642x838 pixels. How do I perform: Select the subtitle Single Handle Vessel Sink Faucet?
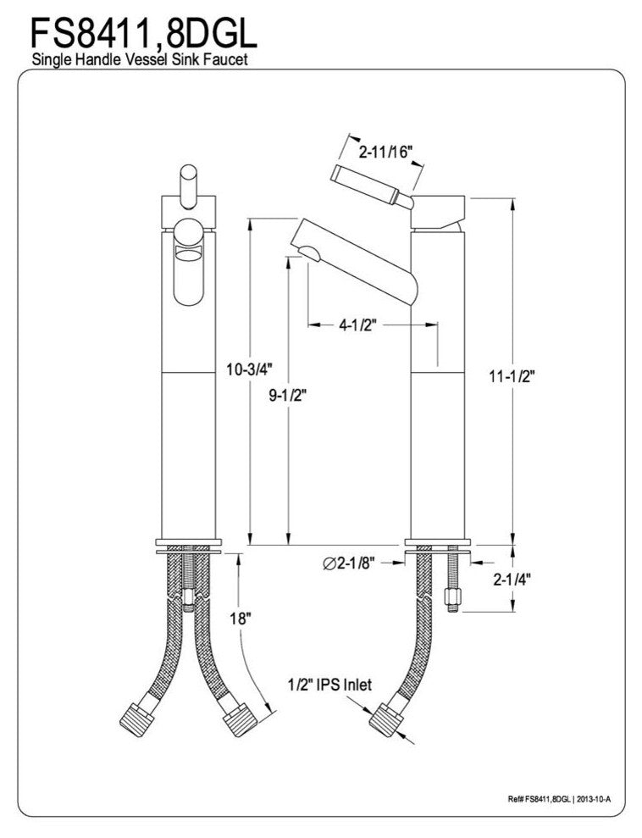pyautogui.click(x=140, y=58)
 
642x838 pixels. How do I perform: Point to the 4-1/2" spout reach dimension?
pyautogui.click(x=358, y=325)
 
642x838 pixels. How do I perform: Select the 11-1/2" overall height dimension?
pyautogui.click(x=512, y=376)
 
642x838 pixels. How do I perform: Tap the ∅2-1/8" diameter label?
pyautogui.click(x=349, y=563)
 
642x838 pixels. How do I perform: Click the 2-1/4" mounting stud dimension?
pyautogui.click(x=512, y=579)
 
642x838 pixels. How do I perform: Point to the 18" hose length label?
pyautogui.click(x=241, y=619)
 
